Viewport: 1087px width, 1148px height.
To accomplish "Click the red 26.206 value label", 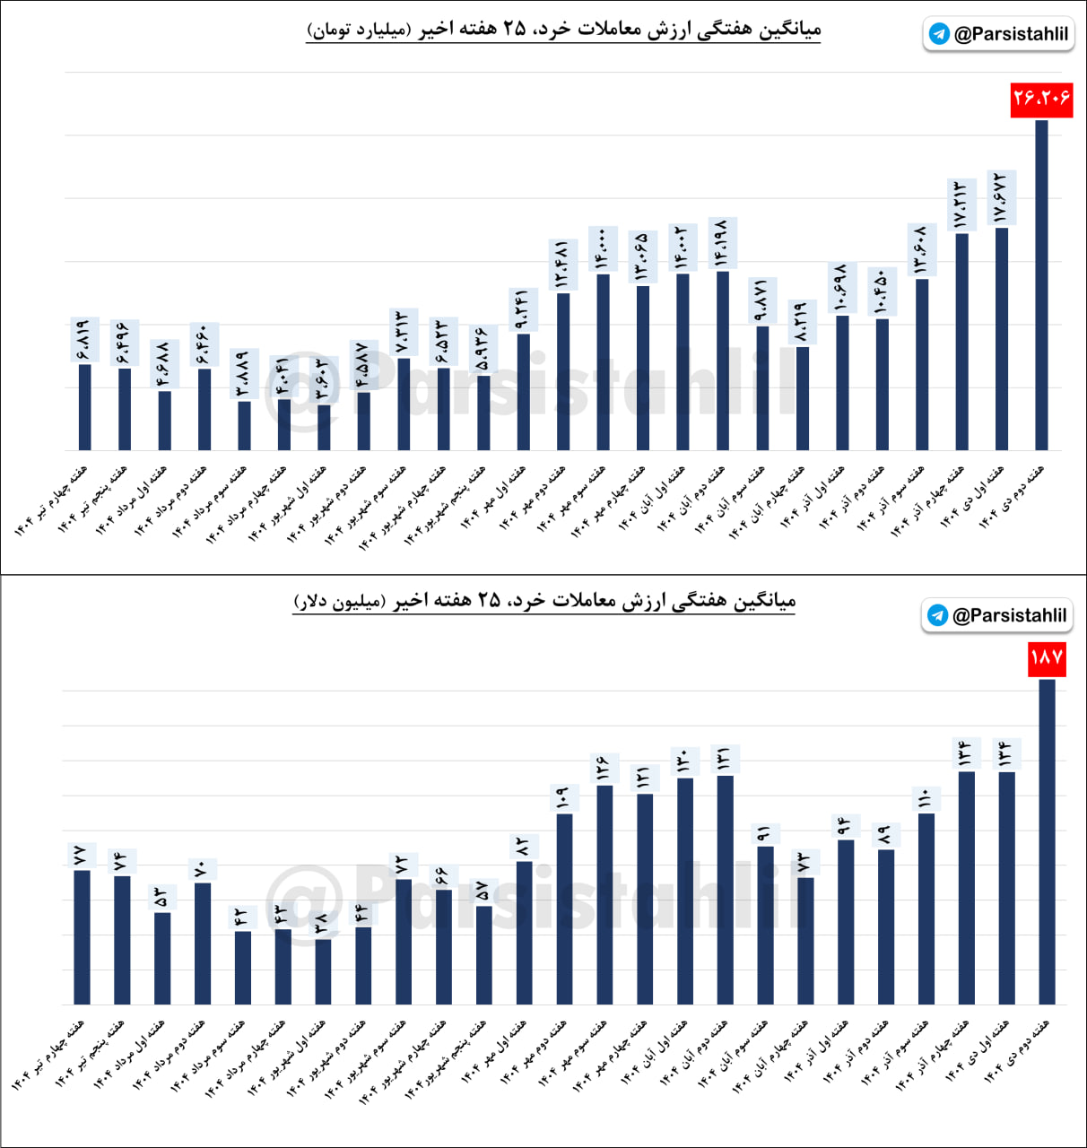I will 1041,99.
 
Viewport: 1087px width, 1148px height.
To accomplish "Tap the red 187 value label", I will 1047,658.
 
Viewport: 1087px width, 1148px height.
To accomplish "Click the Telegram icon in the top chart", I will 939,34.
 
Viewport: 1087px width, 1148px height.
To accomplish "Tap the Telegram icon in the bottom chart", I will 937,615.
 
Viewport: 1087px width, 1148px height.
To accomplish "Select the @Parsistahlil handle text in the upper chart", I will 1011,34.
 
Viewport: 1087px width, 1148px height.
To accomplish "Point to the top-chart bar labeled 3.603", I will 324,428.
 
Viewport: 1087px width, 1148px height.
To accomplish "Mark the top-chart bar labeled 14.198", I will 723,361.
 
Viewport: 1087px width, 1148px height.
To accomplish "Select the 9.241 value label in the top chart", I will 523,310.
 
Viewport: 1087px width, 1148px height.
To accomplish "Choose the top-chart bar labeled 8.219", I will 803,398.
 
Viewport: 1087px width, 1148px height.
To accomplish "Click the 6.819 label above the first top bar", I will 84,340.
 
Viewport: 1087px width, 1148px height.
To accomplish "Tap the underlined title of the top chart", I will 563,30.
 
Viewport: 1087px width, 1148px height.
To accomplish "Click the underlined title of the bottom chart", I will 544,601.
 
